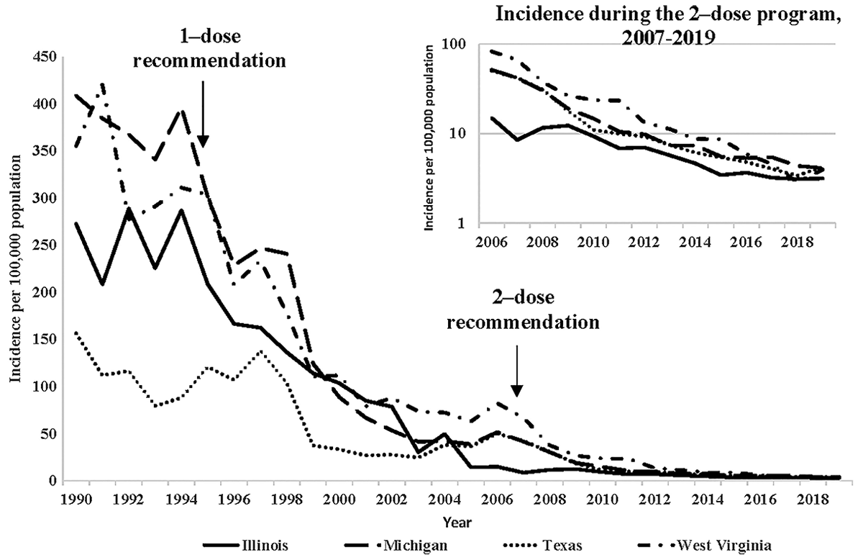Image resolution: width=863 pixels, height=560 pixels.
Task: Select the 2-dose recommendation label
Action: click(x=523, y=309)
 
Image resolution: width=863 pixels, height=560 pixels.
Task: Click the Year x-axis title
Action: click(x=452, y=520)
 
